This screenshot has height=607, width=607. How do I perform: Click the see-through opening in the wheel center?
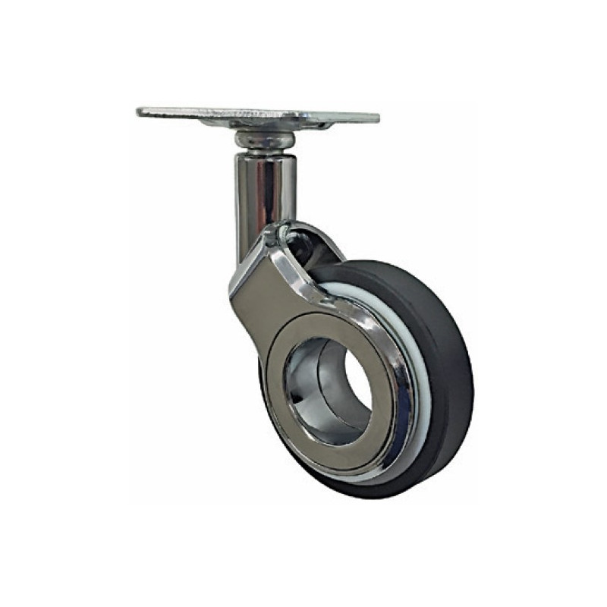(x=351, y=387)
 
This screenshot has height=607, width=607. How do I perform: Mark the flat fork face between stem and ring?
(x=262, y=285)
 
